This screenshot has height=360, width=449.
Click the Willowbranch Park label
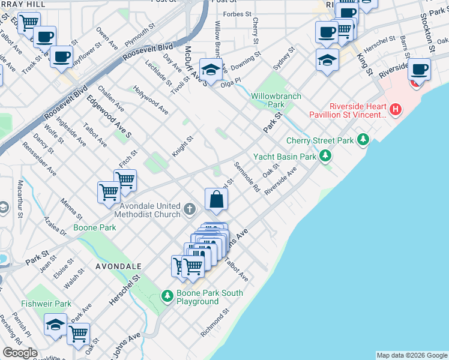click(276, 100)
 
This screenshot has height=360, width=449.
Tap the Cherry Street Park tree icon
click(363, 140)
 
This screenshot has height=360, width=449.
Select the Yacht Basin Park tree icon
click(325, 157)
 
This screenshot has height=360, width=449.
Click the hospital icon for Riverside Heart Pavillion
click(395, 110)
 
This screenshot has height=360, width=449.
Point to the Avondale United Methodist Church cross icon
click(190, 209)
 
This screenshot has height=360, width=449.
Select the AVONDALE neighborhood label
click(118, 266)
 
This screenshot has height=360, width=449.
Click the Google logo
click(20, 353)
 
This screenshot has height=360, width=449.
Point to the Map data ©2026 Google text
click(411, 355)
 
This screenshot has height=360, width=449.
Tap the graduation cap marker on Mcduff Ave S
click(211, 70)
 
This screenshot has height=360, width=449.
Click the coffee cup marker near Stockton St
click(420, 70)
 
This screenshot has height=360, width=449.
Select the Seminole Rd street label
click(247, 177)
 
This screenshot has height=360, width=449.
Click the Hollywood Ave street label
click(151, 100)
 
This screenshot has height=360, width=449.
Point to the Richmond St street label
click(216, 323)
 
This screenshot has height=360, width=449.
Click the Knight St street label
click(183, 146)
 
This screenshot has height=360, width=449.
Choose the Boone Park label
click(94, 228)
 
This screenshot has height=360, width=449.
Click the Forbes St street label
click(237, 14)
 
